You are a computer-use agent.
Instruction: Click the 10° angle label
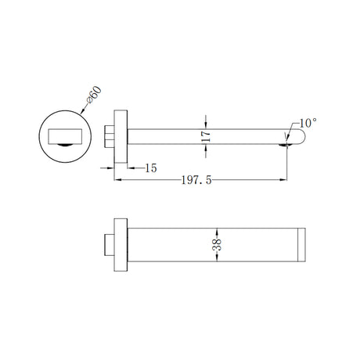coord(307,123)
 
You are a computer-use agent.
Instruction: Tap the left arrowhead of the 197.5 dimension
coord(118,181)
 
